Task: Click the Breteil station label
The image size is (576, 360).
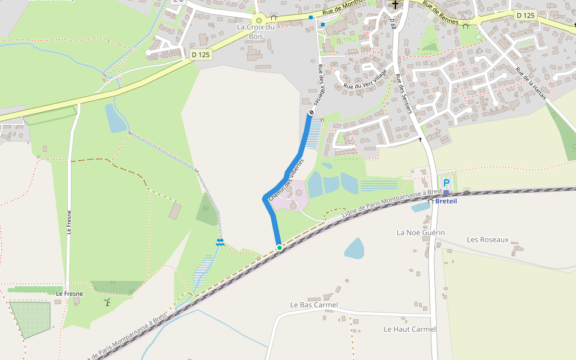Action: click(446, 201)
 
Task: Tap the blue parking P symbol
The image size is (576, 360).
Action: click(446, 183)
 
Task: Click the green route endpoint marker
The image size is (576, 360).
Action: click(279, 247)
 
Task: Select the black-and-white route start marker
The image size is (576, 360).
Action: click(311, 113)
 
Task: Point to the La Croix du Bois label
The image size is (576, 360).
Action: click(256, 31)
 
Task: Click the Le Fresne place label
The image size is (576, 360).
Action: click(69, 293)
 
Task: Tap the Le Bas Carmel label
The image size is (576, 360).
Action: click(314, 305)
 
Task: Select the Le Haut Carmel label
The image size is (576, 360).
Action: click(410, 329)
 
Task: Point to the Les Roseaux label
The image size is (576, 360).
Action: click(488, 239)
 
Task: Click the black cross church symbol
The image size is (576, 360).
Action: click(395, 5)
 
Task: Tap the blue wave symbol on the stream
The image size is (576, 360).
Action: click(220, 242)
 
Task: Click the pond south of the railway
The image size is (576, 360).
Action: click(355, 248)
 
